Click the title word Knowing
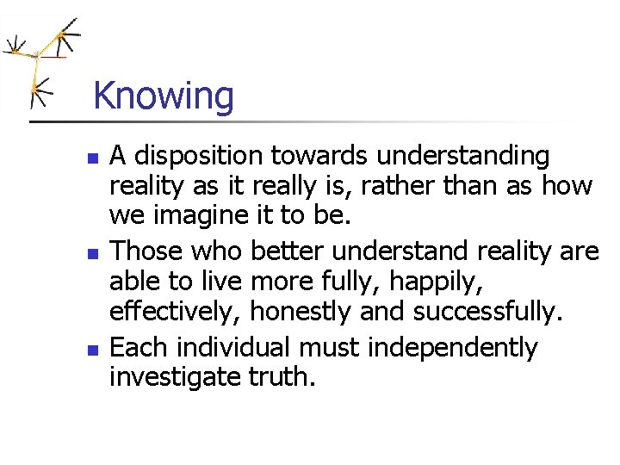pos(163,96)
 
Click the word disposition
pos(200,156)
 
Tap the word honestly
pos(297,310)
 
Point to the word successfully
pos(487,310)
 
